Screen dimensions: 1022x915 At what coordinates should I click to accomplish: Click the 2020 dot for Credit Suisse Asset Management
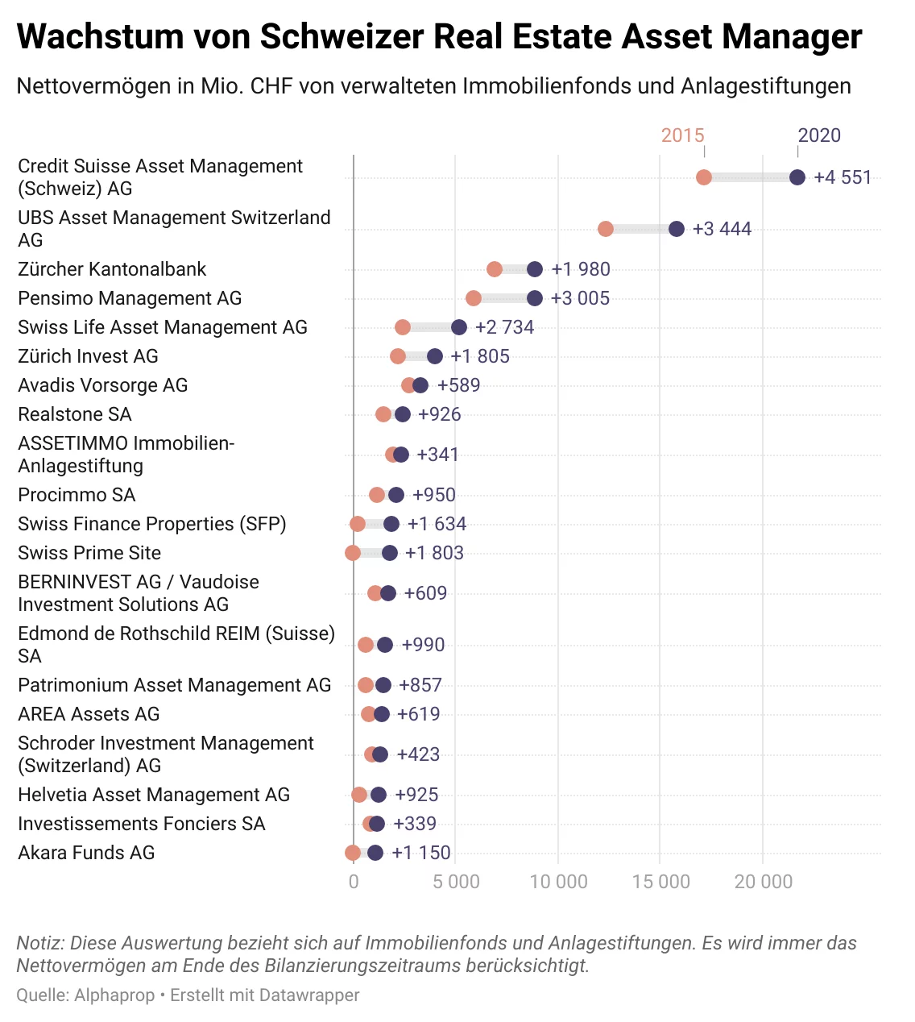(x=797, y=177)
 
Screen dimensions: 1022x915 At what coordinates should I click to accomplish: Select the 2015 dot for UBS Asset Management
(x=606, y=229)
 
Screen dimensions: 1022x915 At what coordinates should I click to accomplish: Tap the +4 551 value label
(x=843, y=177)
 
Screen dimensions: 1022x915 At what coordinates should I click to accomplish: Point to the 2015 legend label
(x=682, y=135)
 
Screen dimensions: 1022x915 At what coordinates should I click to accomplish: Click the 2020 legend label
(x=819, y=135)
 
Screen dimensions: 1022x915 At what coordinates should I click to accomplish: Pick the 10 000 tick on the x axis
(x=558, y=882)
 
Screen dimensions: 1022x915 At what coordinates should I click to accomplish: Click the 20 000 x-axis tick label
(x=763, y=882)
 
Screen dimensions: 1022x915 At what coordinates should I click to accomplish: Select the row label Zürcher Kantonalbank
(x=112, y=269)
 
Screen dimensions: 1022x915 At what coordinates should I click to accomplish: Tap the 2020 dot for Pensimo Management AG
(x=535, y=298)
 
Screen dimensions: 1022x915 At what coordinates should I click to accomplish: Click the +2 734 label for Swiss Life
(x=504, y=327)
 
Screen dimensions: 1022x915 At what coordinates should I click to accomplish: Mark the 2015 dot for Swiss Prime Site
(x=353, y=553)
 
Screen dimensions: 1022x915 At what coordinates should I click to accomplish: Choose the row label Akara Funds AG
(x=86, y=853)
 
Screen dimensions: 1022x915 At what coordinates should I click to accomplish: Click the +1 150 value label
(x=420, y=853)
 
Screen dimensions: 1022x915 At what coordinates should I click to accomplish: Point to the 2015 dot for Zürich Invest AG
(x=398, y=356)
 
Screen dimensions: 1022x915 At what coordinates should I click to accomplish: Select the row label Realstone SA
(x=75, y=414)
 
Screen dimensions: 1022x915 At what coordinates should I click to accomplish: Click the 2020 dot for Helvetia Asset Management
(x=379, y=795)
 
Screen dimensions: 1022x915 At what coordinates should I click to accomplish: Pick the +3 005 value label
(x=580, y=298)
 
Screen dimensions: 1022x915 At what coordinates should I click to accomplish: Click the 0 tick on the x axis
(x=354, y=882)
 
